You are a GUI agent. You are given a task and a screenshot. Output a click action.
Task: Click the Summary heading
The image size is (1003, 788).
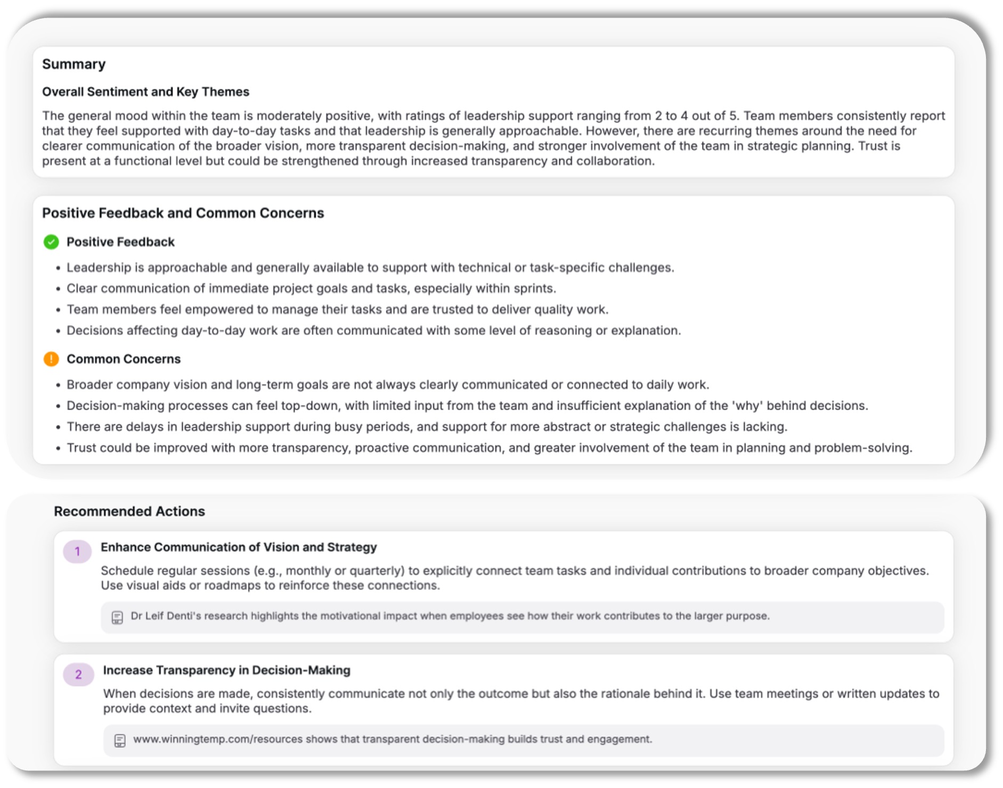(74, 64)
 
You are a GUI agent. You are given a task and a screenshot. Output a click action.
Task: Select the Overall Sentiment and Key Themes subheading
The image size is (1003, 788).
(145, 92)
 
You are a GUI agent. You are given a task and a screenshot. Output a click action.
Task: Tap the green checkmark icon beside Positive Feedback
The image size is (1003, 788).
(51, 242)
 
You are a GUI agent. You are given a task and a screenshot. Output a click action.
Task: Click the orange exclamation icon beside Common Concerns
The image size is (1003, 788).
(51, 359)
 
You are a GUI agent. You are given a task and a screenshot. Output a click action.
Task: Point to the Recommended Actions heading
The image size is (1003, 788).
(129, 512)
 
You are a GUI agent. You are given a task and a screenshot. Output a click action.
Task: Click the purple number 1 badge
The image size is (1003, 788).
(77, 552)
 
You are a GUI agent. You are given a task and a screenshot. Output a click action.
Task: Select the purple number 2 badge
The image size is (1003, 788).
(78, 675)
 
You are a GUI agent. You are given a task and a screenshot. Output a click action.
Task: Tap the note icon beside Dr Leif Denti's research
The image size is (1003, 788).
(117, 618)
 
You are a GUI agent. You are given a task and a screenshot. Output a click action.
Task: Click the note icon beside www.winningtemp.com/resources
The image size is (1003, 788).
(120, 741)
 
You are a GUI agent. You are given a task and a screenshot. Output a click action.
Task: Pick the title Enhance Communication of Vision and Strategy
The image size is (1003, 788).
(239, 547)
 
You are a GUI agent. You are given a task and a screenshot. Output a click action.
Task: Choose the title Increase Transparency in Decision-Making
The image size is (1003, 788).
(226, 670)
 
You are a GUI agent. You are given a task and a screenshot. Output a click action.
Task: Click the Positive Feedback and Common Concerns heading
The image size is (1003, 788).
(183, 214)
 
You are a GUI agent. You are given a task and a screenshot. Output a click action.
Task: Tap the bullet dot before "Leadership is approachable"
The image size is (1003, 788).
(58, 268)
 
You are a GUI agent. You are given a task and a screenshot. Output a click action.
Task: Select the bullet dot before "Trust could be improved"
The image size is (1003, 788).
(58, 449)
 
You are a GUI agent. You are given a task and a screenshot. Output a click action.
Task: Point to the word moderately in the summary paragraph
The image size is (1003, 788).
(288, 116)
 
